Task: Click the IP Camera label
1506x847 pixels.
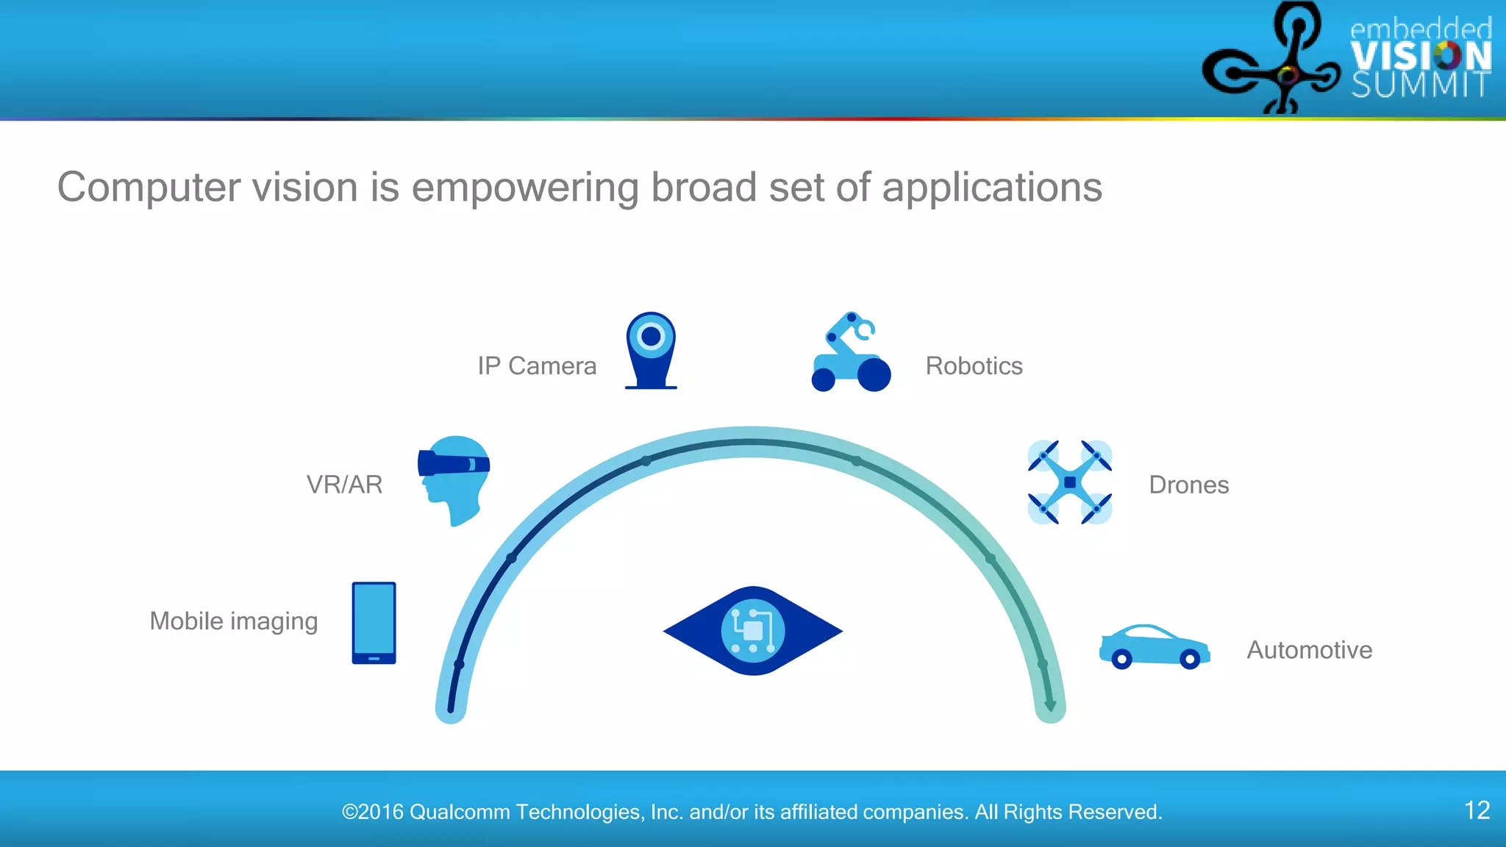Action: coord(537,365)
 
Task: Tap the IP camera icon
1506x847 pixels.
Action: coord(651,350)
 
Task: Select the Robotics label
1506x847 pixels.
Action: coord(974,365)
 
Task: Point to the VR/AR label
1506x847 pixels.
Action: coord(344,485)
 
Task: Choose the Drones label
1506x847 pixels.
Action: coord(1188,485)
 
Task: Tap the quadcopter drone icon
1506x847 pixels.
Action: coord(1069,482)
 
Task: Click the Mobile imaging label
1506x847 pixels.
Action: coord(234,621)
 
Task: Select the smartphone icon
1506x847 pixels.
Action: coord(374,623)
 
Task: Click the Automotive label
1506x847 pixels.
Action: coord(1309,650)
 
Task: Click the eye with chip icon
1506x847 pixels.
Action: coord(753,631)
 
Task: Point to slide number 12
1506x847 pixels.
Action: coord(1477,810)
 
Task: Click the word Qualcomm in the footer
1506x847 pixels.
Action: coord(460,812)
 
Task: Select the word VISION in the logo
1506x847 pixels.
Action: coord(1420,56)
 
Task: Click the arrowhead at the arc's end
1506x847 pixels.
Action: coord(1050,706)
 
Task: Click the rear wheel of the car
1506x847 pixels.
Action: coord(1121,660)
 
